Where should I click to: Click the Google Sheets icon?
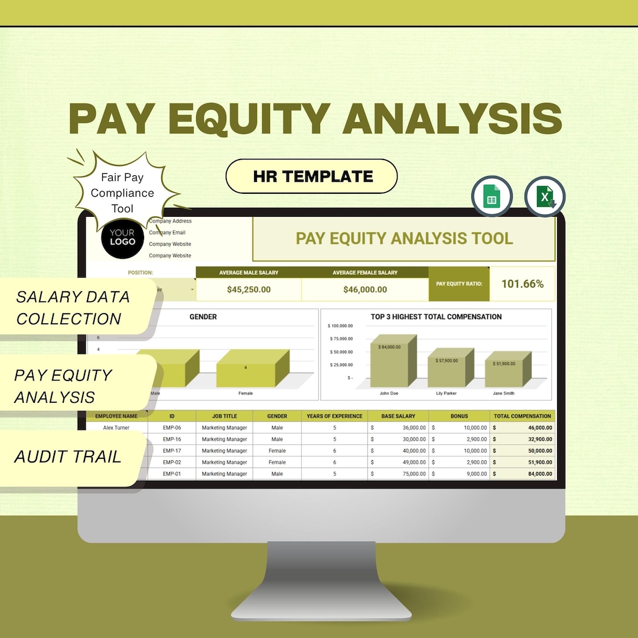tap(491, 196)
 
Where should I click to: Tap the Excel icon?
tap(545, 197)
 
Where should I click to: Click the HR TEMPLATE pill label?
tap(312, 176)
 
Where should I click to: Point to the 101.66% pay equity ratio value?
tap(522, 284)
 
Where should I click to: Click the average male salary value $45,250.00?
tap(249, 289)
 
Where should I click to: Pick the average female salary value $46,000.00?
tap(365, 289)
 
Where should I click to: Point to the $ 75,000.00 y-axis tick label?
tap(340, 338)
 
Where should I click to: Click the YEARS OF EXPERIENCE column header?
tap(334, 416)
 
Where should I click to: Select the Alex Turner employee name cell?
tap(116, 428)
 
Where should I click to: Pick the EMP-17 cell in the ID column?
tap(172, 451)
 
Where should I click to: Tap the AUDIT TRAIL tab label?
tap(68, 457)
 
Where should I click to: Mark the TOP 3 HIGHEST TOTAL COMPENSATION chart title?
tap(436, 317)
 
